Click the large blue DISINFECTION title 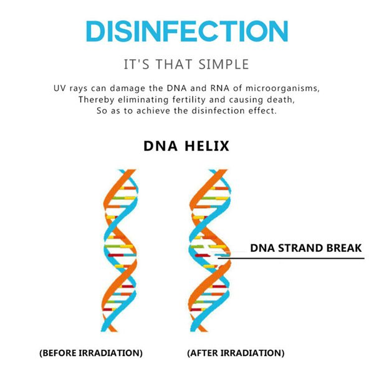point(187,31)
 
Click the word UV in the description point(59,89)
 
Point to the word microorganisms point(282,89)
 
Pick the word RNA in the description point(219,89)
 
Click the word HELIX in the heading point(207,146)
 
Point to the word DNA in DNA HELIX point(160,146)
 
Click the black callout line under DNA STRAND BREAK point(291,258)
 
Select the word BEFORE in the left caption point(59,353)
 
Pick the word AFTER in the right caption point(204,353)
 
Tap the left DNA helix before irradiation point(120,251)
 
